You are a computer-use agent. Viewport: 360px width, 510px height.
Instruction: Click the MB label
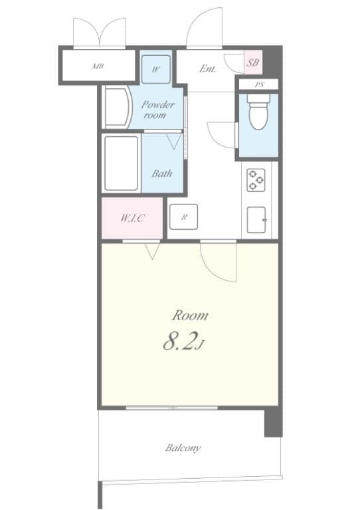(x=98, y=67)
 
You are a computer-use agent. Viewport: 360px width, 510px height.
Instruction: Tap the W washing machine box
(x=156, y=69)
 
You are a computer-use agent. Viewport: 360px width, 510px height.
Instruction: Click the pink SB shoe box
(x=252, y=63)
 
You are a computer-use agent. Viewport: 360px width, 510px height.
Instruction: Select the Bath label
(x=162, y=174)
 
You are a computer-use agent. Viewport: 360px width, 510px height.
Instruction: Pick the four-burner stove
(x=256, y=179)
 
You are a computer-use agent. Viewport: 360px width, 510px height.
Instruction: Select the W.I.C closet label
(x=132, y=218)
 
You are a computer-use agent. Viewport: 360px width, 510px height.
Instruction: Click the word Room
(x=190, y=315)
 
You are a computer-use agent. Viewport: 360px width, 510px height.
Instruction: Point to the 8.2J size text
(x=182, y=343)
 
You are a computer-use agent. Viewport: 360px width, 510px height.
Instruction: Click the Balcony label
(x=183, y=448)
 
